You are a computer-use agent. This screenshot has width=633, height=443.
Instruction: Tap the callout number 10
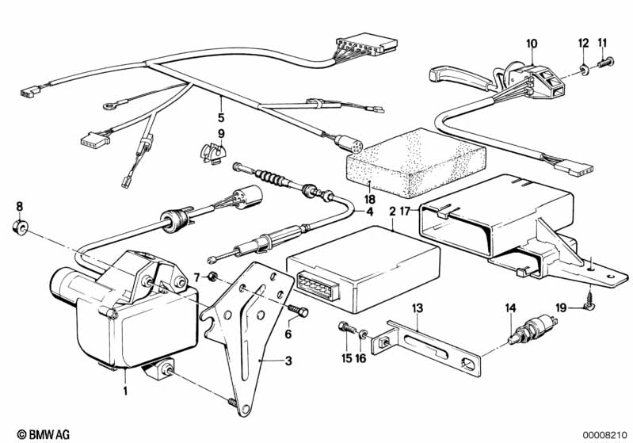click(x=531, y=43)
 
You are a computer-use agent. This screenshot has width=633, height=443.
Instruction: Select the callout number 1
click(x=124, y=390)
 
